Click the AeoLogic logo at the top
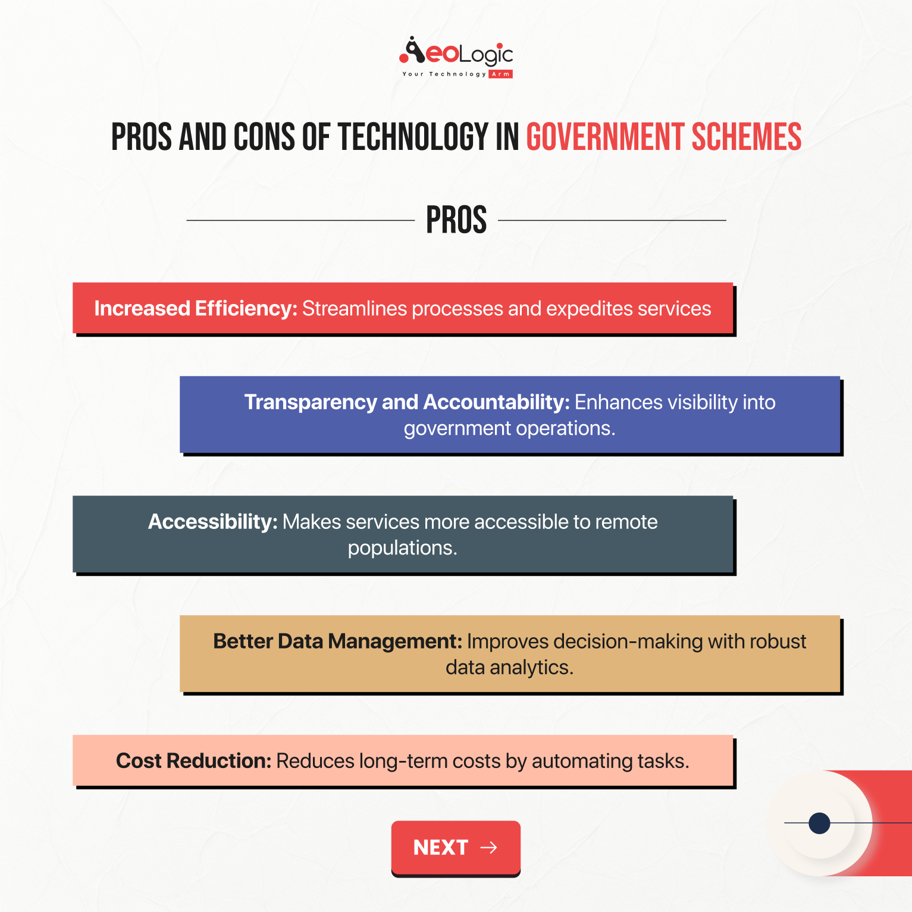[x=456, y=55]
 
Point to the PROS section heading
[x=456, y=220]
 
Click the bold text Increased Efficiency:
[x=196, y=309]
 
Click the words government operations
[x=509, y=428]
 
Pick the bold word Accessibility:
[x=212, y=522]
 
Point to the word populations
[x=402, y=548]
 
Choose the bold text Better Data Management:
[x=337, y=641]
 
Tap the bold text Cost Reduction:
[x=193, y=761]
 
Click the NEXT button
[x=456, y=847]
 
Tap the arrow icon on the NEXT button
[x=488, y=847]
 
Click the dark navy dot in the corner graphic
[x=819, y=823]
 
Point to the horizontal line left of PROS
[x=300, y=220]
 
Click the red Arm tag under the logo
[x=500, y=74]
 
